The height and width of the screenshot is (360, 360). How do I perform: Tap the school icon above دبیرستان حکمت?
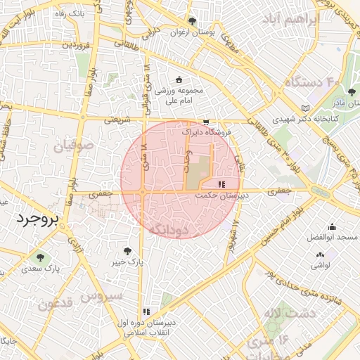[221, 184]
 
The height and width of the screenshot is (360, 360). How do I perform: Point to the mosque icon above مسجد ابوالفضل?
[332, 226]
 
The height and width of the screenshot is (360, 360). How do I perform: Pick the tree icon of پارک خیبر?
[127, 251]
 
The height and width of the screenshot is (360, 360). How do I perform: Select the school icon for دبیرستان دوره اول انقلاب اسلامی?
[146, 311]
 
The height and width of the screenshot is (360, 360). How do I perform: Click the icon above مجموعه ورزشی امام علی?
[179, 79]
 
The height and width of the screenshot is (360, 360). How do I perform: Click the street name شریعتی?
[117, 120]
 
